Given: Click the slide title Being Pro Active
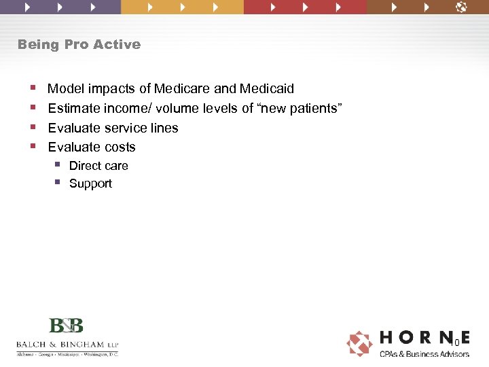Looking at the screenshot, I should tap(79, 45).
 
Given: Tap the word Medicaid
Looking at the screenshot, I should tap(267, 89).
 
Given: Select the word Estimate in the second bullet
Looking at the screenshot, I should tap(71, 108).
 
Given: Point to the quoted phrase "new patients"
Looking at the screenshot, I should tap(301, 108).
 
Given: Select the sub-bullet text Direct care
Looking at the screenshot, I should tap(98, 166).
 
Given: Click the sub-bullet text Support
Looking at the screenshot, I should tap(90, 183).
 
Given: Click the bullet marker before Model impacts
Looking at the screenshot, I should tap(33, 88).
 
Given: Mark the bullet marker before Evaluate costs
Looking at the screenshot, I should tap(33, 147).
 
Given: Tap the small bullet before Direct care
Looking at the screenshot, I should tap(58, 165).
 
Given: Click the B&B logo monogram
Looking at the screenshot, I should tap(66, 326).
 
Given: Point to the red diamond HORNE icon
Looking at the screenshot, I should tap(359, 343).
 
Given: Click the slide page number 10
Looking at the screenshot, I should tap(455, 343).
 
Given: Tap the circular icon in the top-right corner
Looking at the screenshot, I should tap(461, 7).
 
